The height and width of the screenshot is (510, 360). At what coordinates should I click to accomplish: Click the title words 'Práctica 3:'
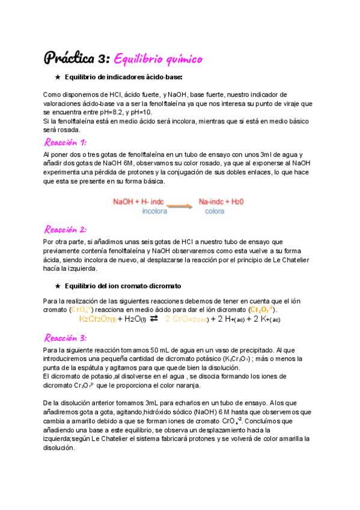click(76, 58)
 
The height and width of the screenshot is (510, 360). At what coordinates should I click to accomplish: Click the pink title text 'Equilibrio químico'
click(158, 58)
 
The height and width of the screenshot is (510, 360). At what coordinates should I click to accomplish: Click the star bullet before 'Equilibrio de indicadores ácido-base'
click(58, 77)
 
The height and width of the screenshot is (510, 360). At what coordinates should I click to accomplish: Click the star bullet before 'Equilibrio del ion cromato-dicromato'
click(58, 285)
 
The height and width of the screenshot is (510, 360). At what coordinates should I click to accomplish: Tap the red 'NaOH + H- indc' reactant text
click(139, 202)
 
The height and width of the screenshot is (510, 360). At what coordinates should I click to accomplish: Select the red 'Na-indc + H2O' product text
click(221, 202)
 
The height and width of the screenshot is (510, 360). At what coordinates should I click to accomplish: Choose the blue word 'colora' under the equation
click(215, 212)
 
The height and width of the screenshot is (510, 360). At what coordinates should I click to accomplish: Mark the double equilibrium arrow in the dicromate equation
click(154, 319)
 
